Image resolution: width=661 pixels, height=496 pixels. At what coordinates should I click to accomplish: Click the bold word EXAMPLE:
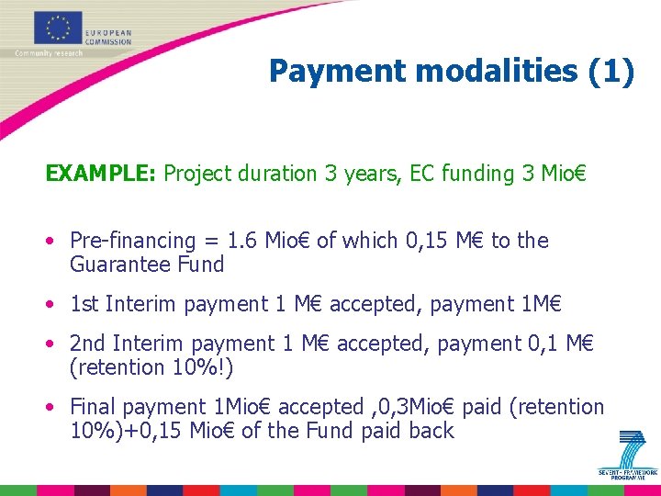101,174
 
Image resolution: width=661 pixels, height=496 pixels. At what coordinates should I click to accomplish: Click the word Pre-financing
133,241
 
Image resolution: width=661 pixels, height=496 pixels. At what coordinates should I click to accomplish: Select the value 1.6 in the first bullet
242,241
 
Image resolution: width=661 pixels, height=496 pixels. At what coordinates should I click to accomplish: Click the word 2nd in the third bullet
87,344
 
